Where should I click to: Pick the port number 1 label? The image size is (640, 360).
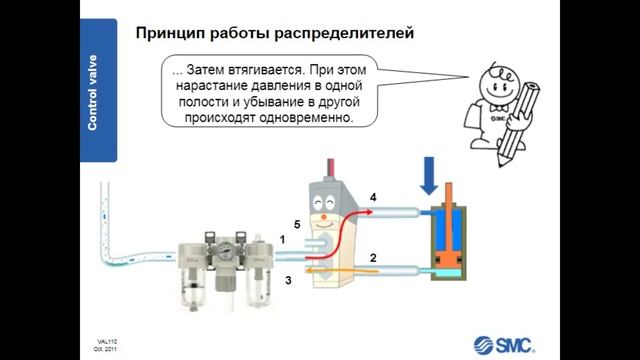[x=283, y=240]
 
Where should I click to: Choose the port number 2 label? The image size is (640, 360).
[x=372, y=258]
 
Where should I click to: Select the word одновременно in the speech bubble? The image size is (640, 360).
[x=305, y=117]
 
